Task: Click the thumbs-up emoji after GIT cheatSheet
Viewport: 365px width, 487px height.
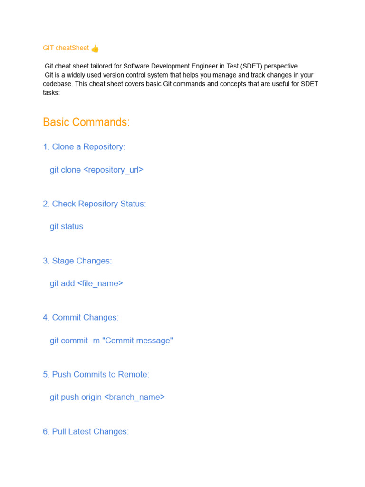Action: (x=95, y=48)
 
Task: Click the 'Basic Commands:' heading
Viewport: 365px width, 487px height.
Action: (x=86, y=122)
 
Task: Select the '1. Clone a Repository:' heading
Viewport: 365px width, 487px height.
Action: (x=84, y=147)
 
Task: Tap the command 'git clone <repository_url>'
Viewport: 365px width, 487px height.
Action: (x=96, y=170)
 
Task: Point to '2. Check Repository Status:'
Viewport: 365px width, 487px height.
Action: (x=94, y=204)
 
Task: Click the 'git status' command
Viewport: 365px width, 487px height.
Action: (x=67, y=227)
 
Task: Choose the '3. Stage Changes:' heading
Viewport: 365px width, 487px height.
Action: (x=77, y=261)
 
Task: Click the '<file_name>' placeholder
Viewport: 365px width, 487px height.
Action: (x=100, y=283)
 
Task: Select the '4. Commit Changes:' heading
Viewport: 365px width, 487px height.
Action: (x=81, y=318)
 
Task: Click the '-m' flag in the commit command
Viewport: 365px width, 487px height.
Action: (x=95, y=341)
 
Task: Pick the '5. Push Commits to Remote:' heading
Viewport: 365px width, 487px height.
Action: (x=96, y=375)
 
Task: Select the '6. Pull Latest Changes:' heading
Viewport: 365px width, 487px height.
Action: (x=86, y=432)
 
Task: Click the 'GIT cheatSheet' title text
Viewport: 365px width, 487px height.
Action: (x=66, y=48)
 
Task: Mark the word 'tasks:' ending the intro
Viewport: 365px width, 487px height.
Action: (x=51, y=93)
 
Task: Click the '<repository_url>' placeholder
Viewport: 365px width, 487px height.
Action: (x=113, y=170)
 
